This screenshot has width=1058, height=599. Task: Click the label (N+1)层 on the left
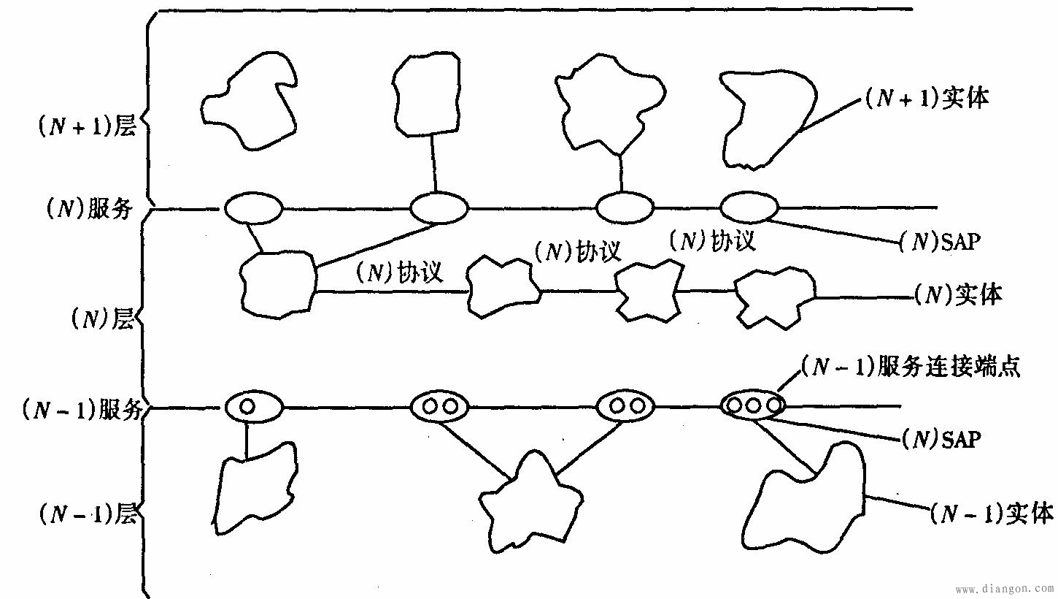pyautogui.click(x=86, y=126)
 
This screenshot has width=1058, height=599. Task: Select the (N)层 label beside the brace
pyautogui.click(x=103, y=318)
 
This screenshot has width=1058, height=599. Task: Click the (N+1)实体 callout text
pyautogui.click(x=927, y=99)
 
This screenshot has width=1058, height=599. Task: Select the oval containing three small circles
pyautogui.click(x=753, y=405)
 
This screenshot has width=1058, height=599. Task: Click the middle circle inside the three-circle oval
pyautogui.click(x=753, y=405)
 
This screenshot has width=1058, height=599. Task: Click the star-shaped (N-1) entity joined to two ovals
pyautogui.click(x=530, y=503)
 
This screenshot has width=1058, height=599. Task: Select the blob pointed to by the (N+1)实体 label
pyautogui.click(x=766, y=117)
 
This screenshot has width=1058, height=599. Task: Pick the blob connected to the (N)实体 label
pyautogui.click(x=773, y=297)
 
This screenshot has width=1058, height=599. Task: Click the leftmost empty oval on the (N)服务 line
pyautogui.click(x=252, y=210)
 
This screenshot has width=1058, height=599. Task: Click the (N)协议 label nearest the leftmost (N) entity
pyautogui.click(x=399, y=272)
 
